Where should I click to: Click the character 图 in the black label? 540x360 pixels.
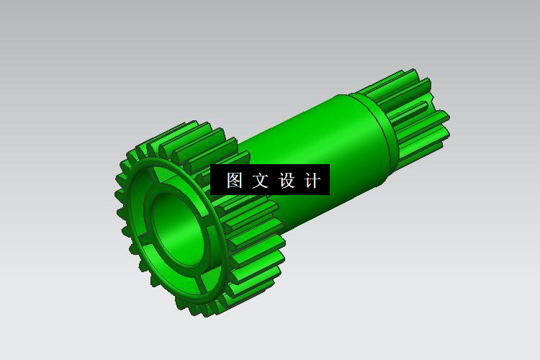[x=235, y=181]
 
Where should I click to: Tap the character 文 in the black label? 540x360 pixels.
[x=261, y=181]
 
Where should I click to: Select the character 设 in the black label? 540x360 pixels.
[x=287, y=181]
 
